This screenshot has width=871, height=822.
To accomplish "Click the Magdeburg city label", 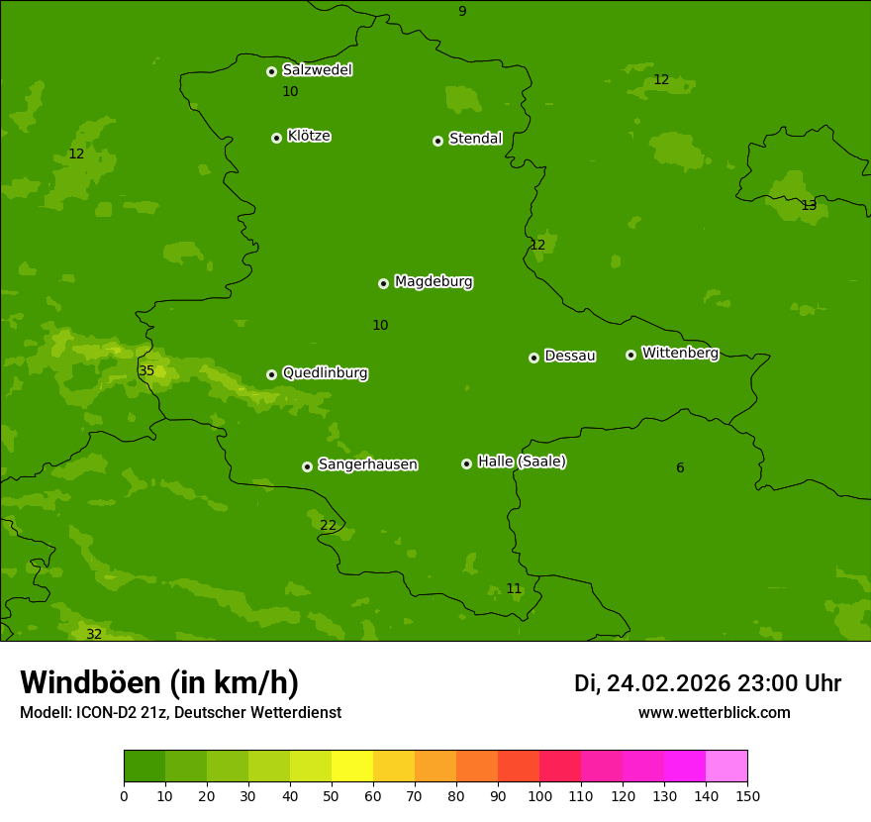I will [434, 282].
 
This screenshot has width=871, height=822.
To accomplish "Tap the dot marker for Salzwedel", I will [271, 71].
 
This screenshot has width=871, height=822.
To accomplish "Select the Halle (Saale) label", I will [522, 462].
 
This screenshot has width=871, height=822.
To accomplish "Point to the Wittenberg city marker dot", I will [630, 355].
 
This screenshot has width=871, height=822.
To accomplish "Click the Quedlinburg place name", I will [325, 373].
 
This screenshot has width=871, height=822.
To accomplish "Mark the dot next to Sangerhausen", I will [307, 466].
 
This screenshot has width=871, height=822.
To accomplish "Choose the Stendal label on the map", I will [475, 139].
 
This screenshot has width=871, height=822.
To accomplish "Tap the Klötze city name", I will [309, 136].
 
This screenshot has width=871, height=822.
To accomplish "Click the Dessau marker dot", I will [533, 358].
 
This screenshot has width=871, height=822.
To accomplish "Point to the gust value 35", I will [146, 371].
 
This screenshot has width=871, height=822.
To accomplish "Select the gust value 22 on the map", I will [328, 525].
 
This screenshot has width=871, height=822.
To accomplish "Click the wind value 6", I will [680, 467].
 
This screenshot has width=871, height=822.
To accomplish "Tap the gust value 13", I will [809, 205].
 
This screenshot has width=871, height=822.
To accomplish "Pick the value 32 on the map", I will [94, 634].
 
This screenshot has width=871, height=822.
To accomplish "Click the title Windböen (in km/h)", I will [159, 682].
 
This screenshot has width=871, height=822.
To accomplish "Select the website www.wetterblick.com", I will [714, 712].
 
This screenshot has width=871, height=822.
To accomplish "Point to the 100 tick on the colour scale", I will [539, 795].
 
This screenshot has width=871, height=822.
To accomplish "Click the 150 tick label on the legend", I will [747, 795].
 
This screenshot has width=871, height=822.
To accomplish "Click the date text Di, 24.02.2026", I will [652, 683].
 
